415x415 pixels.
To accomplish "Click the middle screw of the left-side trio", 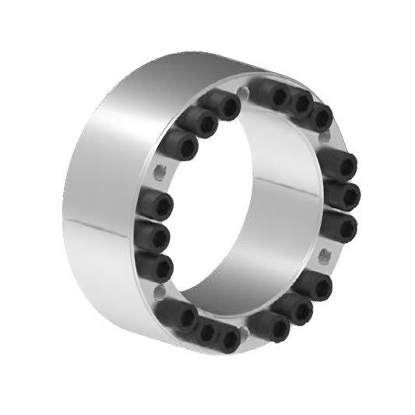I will pos(153,235).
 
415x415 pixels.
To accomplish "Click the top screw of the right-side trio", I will pos(338,164).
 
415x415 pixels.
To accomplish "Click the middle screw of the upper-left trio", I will pos(200,121).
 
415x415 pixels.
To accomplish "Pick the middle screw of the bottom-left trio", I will pos(204,332).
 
